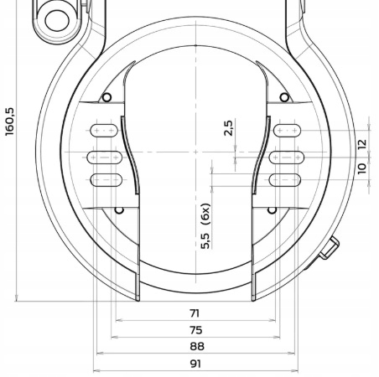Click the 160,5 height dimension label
coord(10,121)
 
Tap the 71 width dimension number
coord(195,313)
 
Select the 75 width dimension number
coord(195,330)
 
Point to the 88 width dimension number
coord(197,346)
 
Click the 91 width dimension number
coord(195,364)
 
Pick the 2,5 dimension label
coord(228,128)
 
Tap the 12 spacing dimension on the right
coord(361,144)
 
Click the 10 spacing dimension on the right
coord(361,168)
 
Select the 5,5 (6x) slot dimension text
coord(205,226)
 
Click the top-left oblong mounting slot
coord(104,131)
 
